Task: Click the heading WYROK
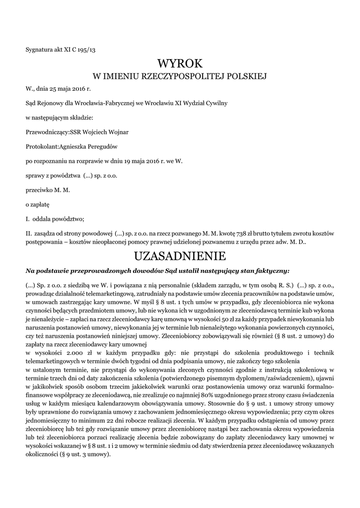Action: tap(180, 63)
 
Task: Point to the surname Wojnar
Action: tap(116, 132)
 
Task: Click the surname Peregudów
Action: tap(104, 146)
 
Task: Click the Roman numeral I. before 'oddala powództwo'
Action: tap(28, 218)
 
